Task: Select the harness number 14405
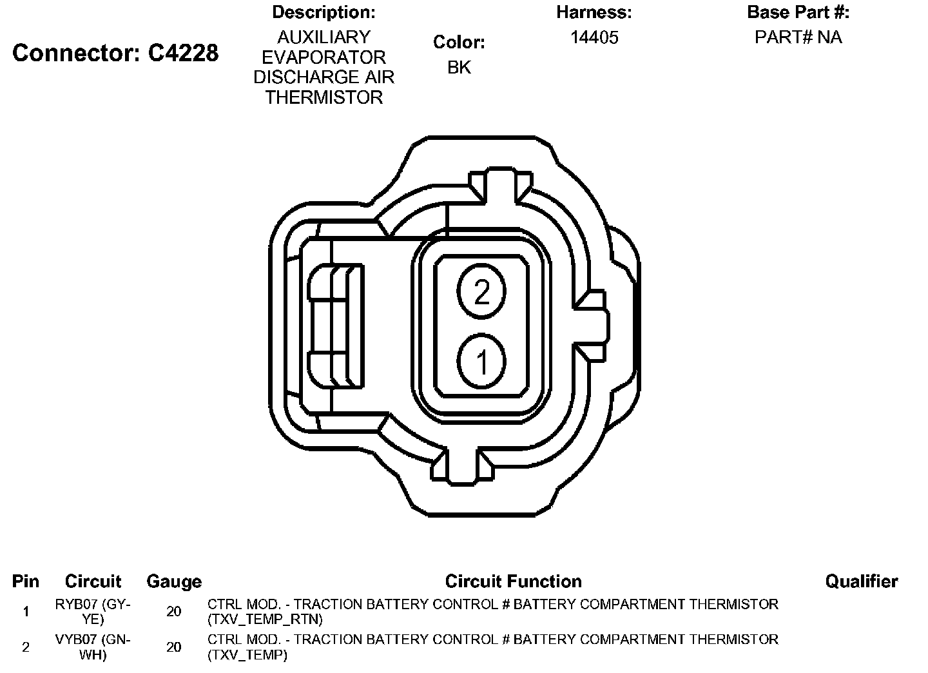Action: (594, 37)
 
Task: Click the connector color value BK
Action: (459, 67)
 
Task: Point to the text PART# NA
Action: (798, 37)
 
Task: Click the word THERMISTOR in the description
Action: (324, 97)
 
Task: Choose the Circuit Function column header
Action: (513, 581)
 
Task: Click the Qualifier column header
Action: (862, 581)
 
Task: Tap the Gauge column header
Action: (174, 582)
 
